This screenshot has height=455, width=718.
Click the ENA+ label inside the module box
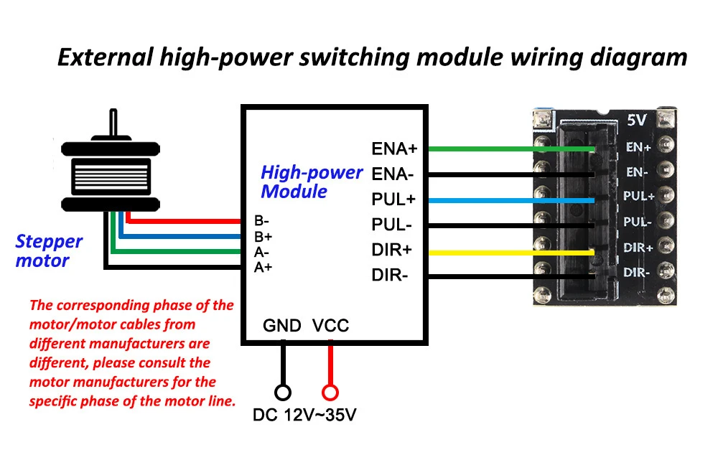(394, 149)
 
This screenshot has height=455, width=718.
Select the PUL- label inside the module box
(391, 225)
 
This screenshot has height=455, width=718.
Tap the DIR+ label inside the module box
(391, 250)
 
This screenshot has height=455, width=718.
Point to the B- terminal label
(261, 220)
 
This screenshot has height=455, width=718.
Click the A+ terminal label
(263, 268)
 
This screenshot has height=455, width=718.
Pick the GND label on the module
(282, 326)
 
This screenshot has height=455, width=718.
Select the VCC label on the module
(330, 326)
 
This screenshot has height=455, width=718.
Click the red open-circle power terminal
(330, 393)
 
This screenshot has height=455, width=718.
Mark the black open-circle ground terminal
(283, 393)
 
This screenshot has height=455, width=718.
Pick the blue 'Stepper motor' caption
(48, 251)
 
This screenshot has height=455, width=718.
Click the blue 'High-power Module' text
(311, 182)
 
